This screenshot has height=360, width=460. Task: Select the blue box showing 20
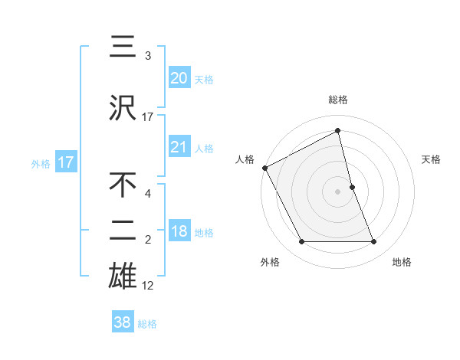click(179, 78)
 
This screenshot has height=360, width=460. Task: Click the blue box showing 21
click(179, 147)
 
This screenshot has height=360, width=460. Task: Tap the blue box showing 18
click(179, 232)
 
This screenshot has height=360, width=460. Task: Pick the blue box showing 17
click(66, 162)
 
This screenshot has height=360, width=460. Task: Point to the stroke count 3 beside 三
click(148, 56)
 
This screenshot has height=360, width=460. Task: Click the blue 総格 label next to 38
click(147, 324)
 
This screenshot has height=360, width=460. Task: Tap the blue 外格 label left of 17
click(41, 163)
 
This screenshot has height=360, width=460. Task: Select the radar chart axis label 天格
click(432, 159)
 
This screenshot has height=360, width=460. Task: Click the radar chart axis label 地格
click(402, 262)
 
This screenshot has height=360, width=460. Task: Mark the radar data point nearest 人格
click(264, 168)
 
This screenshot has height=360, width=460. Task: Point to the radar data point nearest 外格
click(301, 242)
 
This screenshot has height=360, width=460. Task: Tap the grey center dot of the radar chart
click(338, 191)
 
